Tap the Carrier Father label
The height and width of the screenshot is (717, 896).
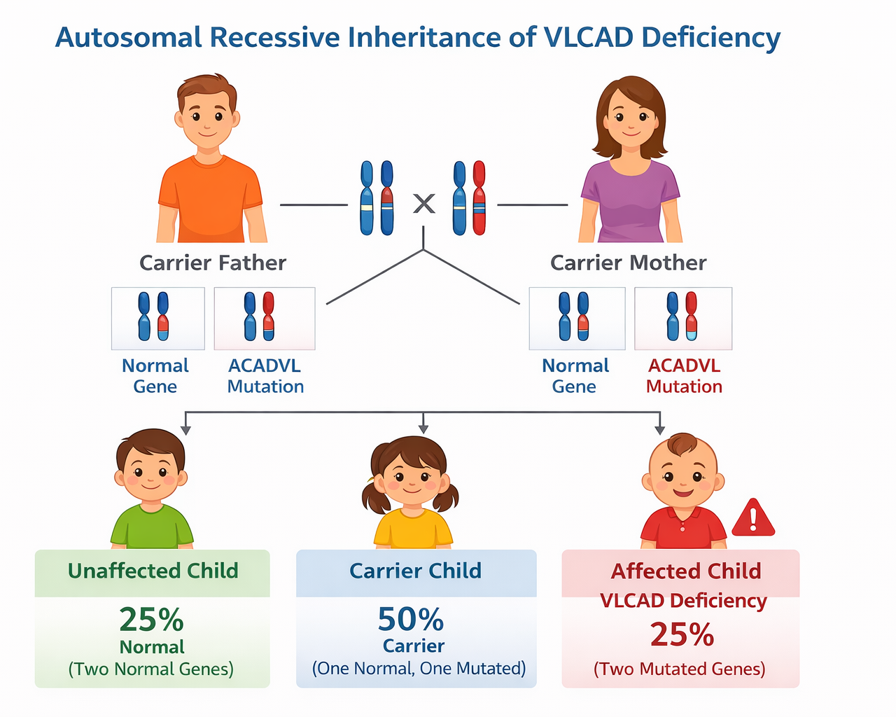[x=213, y=263]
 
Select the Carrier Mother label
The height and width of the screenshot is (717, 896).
[x=628, y=263]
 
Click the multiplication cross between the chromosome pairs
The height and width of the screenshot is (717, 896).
[x=423, y=204]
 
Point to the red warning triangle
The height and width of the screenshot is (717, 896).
[x=753, y=519]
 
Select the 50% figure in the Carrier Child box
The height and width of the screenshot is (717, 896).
[x=411, y=620]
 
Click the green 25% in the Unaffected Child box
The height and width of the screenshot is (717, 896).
[x=151, y=620]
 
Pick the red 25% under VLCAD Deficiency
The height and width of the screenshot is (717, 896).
[x=682, y=635]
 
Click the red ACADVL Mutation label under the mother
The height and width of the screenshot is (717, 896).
[x=684, y=376]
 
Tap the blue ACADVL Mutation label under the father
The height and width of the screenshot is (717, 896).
[x=265, y=376]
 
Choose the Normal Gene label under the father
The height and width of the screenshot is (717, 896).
[x=155, y=376]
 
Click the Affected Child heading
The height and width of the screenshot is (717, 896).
[x=685, y=571]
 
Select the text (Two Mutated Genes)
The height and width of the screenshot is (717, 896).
[x=680, y=669]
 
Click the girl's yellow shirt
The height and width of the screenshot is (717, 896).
[x=413, y=530]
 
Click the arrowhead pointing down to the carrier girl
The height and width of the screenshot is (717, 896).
[x=423, y=428]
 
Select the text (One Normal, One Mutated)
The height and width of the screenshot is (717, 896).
[x=419, y=669]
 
